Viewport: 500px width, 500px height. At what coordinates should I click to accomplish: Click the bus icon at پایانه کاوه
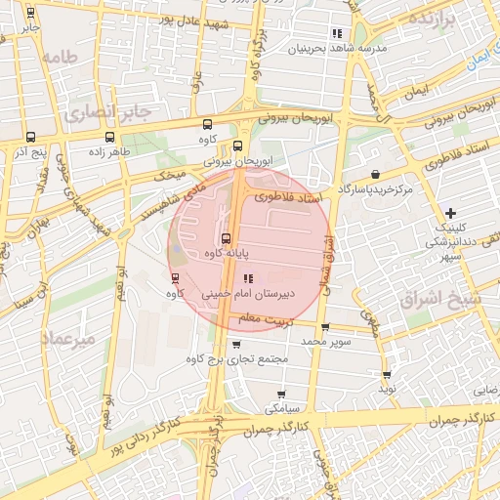tap(226, 238)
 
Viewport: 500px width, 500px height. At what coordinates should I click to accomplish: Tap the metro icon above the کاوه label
tap(175, 277)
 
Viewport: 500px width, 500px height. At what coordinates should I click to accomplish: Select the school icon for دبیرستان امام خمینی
tap(247, 277)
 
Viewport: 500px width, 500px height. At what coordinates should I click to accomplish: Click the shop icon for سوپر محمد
tap(325, 327)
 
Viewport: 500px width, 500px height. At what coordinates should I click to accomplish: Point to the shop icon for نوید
tap(388, 373)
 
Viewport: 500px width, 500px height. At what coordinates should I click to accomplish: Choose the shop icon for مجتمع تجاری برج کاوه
tap(236, 344)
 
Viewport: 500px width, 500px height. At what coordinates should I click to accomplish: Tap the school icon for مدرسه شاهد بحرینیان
tap(337, 33)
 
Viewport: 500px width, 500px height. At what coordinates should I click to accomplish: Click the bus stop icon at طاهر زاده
tap(107, 138)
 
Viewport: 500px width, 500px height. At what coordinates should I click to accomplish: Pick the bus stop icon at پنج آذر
tap(30, 138)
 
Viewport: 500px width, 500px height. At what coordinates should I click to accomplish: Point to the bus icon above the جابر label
tap(31, 14)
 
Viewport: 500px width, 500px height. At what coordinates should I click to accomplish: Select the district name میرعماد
tap(69, 338)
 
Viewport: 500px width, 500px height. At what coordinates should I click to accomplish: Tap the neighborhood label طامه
tap(60, 58)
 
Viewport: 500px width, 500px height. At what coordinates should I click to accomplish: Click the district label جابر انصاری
tap(108, 112)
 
